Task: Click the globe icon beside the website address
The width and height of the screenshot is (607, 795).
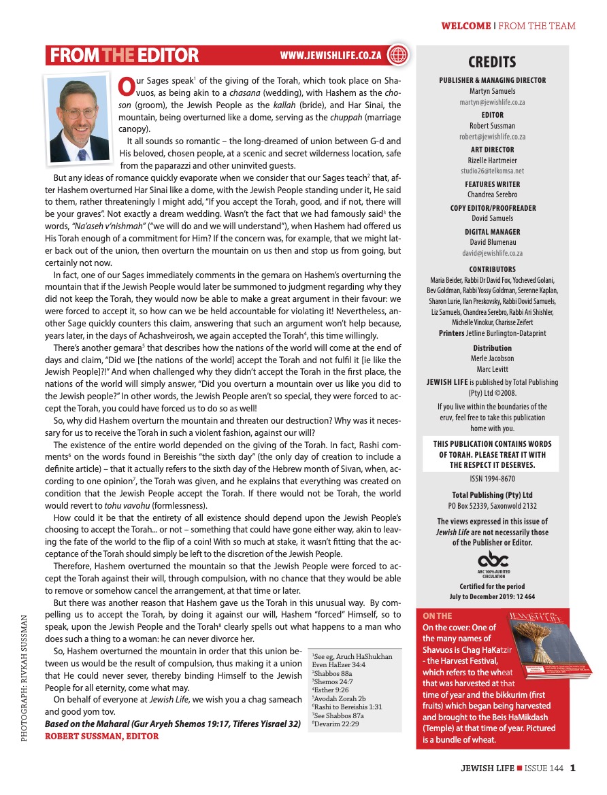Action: pos(397,55)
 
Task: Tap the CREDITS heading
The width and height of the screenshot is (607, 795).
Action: pos(492,63)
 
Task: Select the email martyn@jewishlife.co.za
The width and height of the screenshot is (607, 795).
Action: pos(492,102)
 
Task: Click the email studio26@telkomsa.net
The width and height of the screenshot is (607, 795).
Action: pos(492,171)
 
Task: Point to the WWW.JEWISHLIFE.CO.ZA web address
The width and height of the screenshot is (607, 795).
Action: pos(331,55)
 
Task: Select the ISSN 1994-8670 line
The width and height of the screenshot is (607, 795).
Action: pos(492,479)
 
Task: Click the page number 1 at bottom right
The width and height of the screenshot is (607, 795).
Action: pos(573,769)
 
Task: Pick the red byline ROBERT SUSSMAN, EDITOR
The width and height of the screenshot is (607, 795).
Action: pos(102,736)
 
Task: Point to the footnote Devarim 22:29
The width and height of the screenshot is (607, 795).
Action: pos(336,723)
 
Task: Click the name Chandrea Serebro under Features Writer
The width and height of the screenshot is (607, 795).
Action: pos(492,195)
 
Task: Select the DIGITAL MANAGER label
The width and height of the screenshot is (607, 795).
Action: pos(492,231)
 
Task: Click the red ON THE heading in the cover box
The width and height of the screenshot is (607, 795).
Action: pos(438,616)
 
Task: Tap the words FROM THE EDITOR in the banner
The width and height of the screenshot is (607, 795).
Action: pos(125,55)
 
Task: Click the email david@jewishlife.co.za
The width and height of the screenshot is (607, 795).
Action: pos(492,253)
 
